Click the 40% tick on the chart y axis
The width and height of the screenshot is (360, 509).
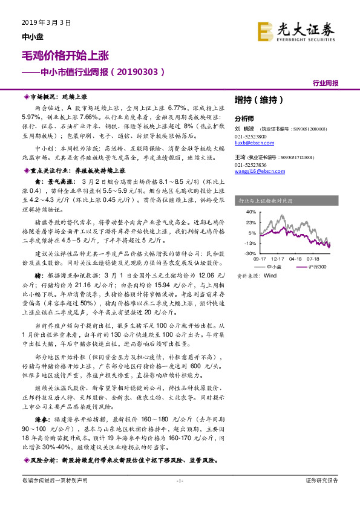pyautogui.click(x=250, y=212)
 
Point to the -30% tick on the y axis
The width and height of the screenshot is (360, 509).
pyautogui.click(x=250, y=253)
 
